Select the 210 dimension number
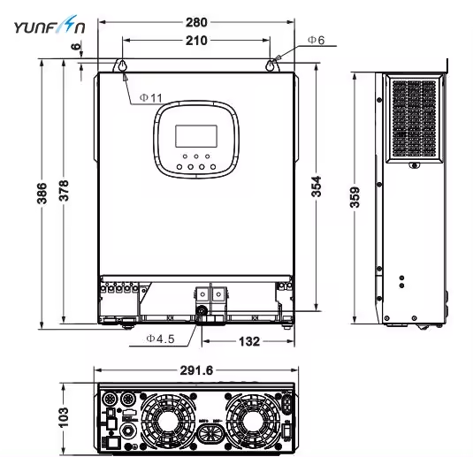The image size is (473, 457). point(197,41)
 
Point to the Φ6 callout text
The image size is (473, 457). point(316,41)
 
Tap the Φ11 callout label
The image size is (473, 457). point(150,97)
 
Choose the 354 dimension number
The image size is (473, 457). point(317,187)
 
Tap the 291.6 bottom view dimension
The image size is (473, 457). point(195,370)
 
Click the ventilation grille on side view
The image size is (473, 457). point(416,118)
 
